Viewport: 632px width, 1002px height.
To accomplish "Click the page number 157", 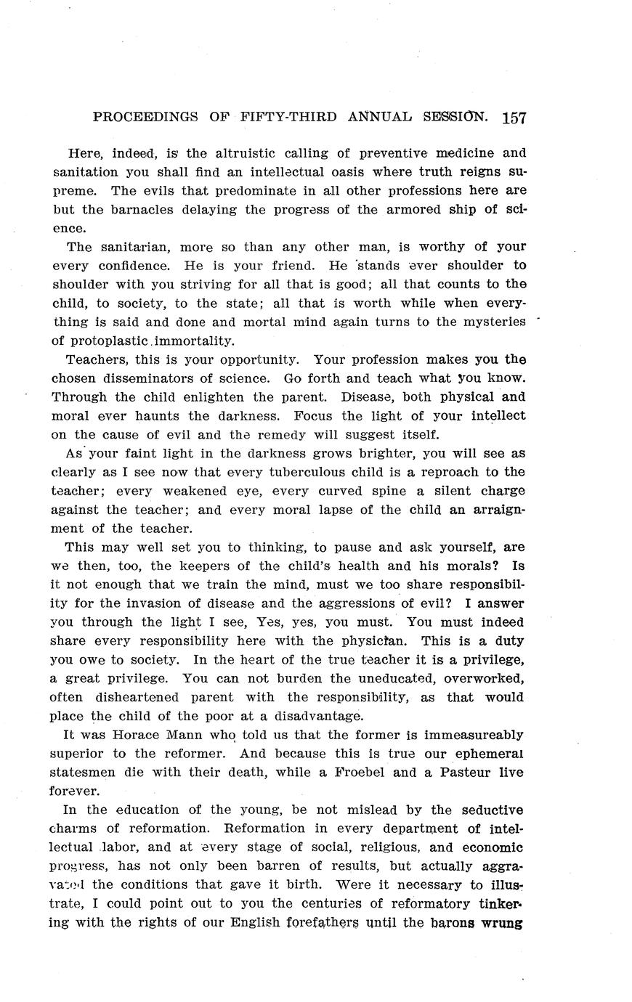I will [x=514, y=118].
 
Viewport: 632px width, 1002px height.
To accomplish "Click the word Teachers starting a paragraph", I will [x=94, y=359].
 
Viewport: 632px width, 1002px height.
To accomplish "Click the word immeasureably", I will [x=479, y=735].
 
